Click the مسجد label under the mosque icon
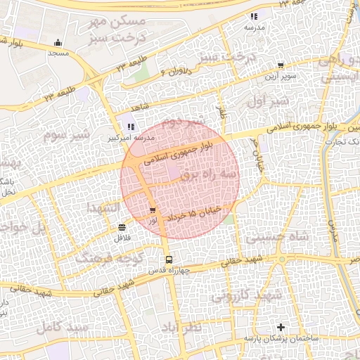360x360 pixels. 58,53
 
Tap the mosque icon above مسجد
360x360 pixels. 58,43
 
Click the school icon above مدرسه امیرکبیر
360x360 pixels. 130,127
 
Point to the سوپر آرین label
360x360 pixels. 281,75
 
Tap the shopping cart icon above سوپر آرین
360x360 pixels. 281,65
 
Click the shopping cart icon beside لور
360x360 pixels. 153,210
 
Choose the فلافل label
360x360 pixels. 123,238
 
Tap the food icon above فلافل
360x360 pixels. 123,226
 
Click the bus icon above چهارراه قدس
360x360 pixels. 168,260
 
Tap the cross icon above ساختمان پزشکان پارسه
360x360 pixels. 281,327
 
